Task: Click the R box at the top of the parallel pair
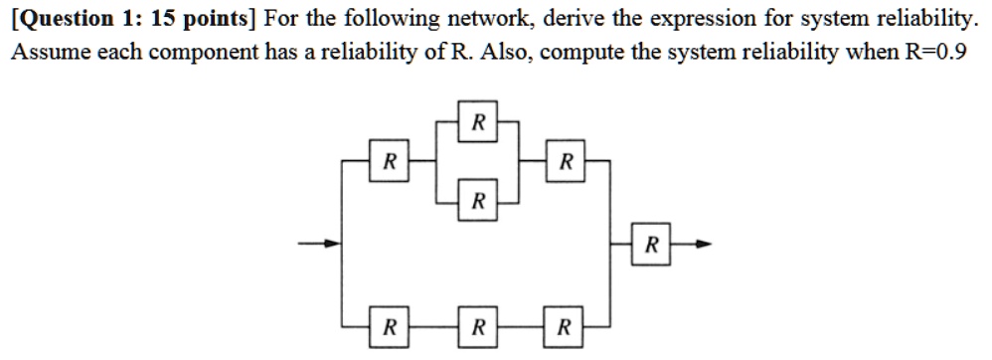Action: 478,123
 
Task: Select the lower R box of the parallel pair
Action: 478,202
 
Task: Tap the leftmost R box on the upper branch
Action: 391,161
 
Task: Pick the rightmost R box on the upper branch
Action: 566,161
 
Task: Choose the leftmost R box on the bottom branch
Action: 391,325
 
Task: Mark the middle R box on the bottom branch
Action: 478,325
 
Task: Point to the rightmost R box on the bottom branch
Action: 566,325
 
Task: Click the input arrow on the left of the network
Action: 315,243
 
